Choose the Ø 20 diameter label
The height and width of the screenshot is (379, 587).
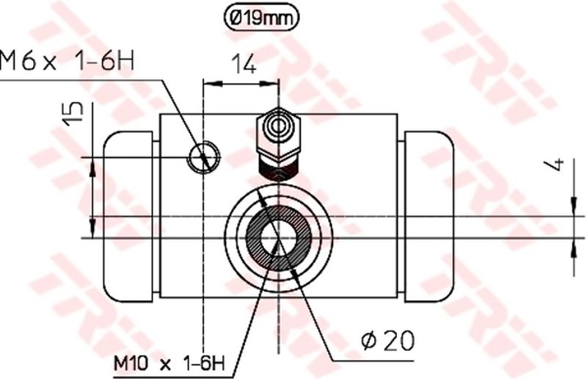[387, 341]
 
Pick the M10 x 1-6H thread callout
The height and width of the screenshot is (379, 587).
[169, 362]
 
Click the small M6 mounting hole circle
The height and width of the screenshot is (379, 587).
[203, 156]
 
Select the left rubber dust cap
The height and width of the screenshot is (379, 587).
[128, 216]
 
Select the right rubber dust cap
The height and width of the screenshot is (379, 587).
[429, 216]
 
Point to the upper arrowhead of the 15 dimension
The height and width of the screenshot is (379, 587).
[92, 169]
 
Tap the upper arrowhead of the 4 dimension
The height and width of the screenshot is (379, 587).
[572, 209]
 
